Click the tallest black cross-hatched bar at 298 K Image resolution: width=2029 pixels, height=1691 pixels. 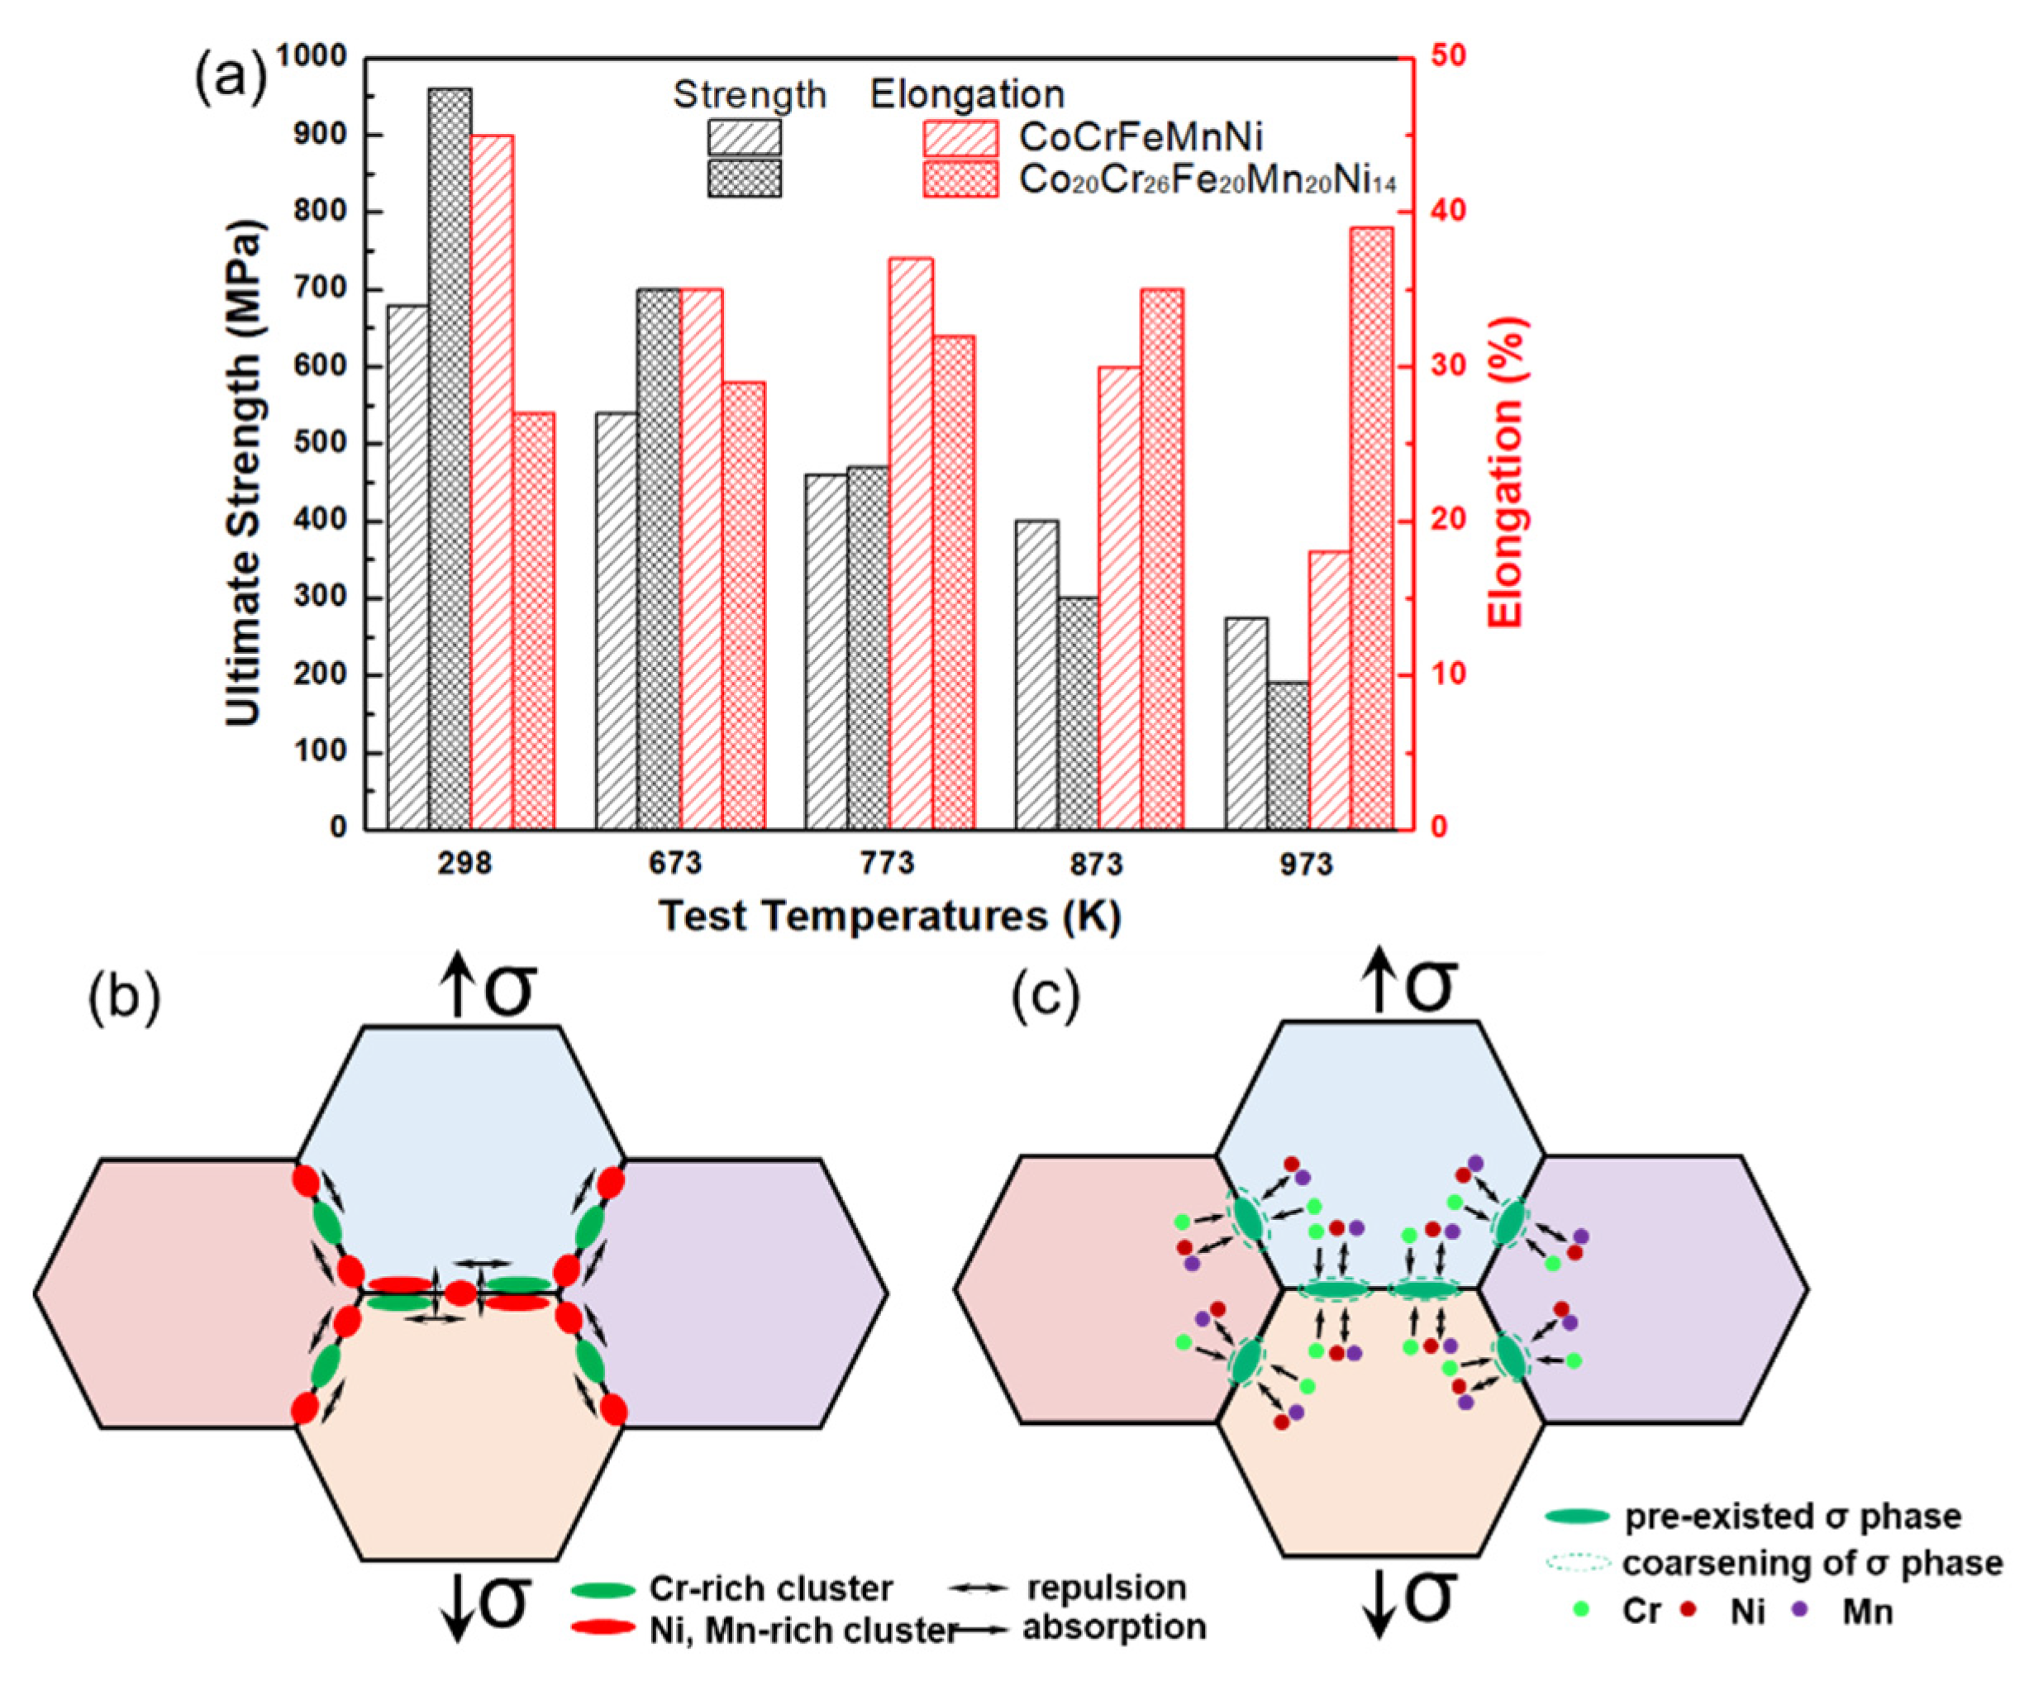pos(450,459)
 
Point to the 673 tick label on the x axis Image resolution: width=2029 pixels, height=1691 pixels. pos(675,863)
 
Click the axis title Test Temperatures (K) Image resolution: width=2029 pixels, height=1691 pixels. pos(890,915)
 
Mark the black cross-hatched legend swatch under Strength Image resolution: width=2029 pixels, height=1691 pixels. pos(744,179)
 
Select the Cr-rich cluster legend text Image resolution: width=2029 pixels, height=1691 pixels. pos(771,1508)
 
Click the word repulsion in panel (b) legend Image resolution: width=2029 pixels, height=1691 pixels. pos(1107,1507)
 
